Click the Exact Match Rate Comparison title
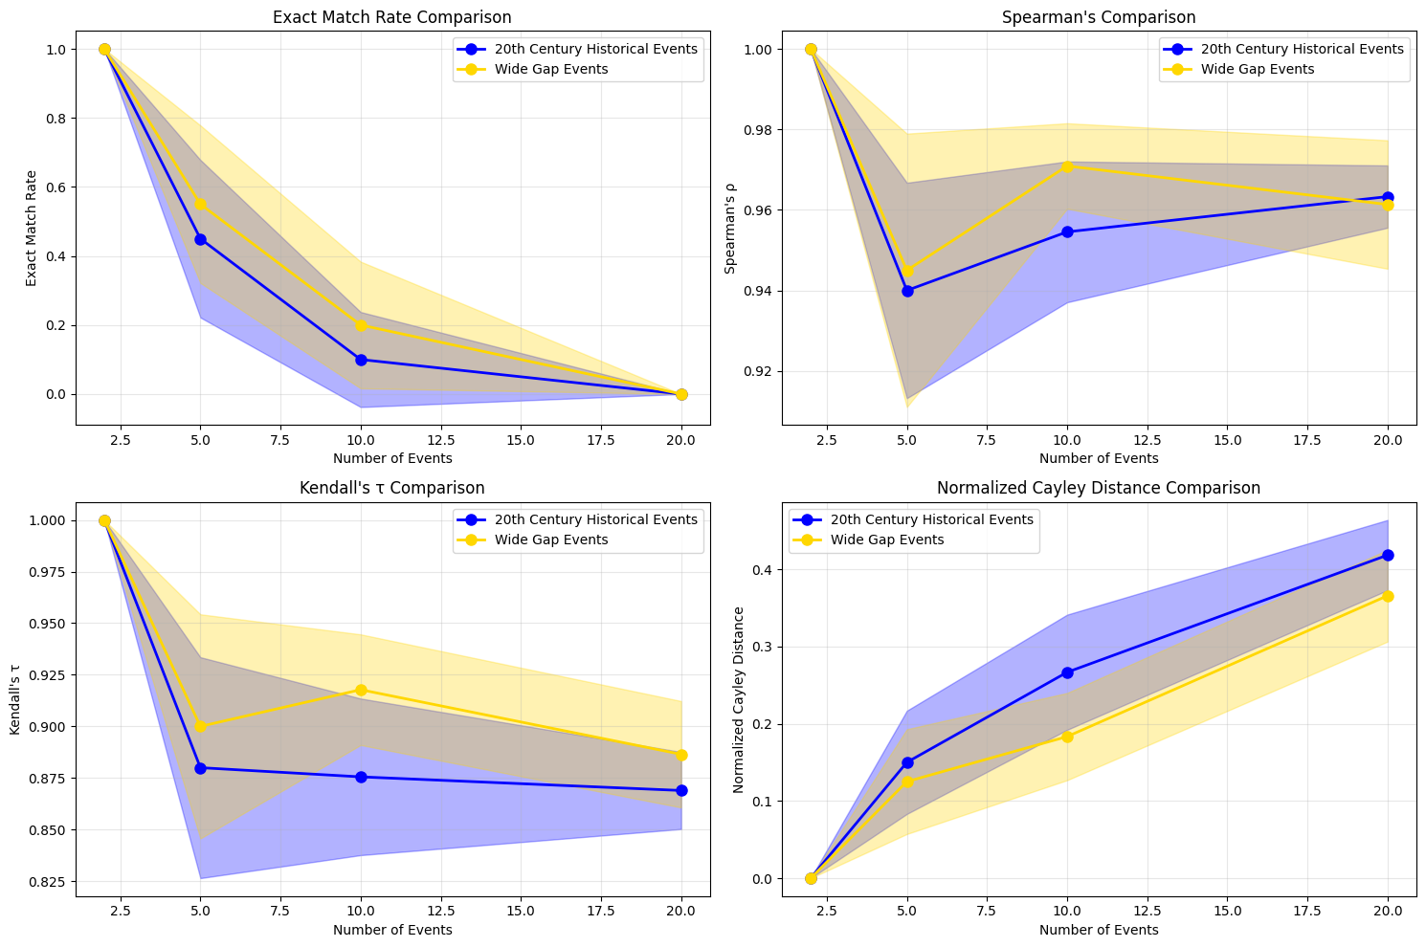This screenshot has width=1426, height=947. click(x=392, y=17)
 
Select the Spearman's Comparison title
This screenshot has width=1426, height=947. click(x=1099, y=17)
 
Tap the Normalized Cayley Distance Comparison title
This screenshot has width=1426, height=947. click(x=1099, y=488)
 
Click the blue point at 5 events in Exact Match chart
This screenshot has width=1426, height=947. click(x=200, y=239)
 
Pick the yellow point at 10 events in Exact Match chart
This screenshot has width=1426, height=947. click(x=361, y=325)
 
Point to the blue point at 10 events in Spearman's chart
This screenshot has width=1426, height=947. click(x=1067, y=231)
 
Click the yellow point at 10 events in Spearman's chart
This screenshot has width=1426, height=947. click(x=1067, y=166)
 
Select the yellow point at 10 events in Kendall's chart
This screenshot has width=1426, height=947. click(x=361, y=690)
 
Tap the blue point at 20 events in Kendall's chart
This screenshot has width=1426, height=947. click(x=681, y=790)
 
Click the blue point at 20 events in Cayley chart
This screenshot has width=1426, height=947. click(x=1388, y=555)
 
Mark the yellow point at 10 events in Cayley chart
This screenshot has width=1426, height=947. click(x=1067, y=737)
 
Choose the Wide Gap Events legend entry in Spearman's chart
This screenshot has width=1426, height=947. click(x=1257, y=69)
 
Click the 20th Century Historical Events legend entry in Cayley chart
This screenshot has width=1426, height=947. click(x=931, y=519)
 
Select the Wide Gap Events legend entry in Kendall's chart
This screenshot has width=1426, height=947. click(x=550, y=540)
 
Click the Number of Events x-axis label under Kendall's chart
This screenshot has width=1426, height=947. click(x=392, y=930)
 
